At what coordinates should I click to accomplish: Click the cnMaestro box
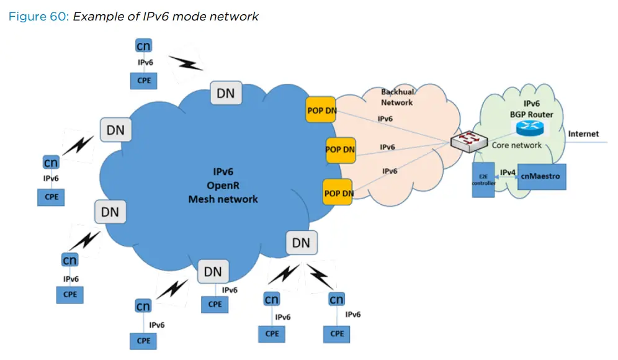pyautogui.click(x=542, y=177)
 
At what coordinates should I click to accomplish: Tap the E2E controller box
pyautogui.click(x=483, y=180)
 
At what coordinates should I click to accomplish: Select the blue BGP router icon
pyautogui.click(x=530, y=128)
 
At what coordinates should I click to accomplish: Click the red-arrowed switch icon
pyautogui.click(x=469, y=142)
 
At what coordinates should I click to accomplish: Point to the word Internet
pyautogui.click(x=583, y=134)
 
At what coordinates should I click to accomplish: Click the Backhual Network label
pyautogui.click(x=397, y=97)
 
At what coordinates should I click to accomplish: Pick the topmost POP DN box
pyautogui.click(x=321, y=110)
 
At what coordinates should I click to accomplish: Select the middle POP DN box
pyautogui.click(x=341, y=150)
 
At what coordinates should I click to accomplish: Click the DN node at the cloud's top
pyautogui.click(x=226, y=93)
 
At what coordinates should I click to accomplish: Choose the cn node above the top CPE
pyautogui.click(x=143, y=46)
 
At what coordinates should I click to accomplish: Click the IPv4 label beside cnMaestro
pyautogui.click(x=508, y=173)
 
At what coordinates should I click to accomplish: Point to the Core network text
pyautogui.click(x=516, y=145)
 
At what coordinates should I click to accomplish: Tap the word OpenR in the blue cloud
pyautogui.click(x=223, y=186)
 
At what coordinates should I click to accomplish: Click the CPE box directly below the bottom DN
pyautogui.click(x=215, y=304)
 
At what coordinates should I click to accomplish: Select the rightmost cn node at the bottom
pyautogui.click(x=336, y=299)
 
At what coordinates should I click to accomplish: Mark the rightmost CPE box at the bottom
pyautogui.click(x=336, y=333)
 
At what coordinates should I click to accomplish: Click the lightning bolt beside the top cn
pyautogui.click(x=186, y=63)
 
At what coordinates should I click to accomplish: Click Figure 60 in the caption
pyautogui.click(x=38, y=17)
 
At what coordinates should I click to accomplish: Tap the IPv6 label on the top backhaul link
pyautogui.click(x=385, y=119)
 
